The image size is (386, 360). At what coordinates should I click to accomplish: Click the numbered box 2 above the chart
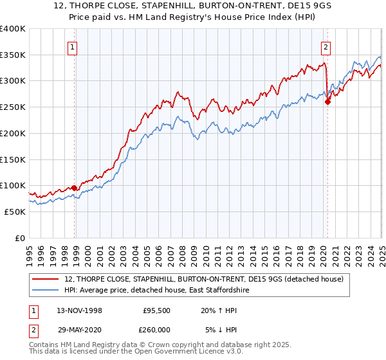[x=326, y=46]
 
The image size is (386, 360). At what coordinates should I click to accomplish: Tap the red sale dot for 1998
[x=75, y=188]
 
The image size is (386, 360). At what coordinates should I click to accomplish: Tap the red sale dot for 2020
[x=327, y=102]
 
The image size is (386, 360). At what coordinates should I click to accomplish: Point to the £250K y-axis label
[x=12, y=107]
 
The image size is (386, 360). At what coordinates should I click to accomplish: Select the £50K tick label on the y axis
[x=15, y=212]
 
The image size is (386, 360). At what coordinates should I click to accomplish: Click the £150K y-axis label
[x=12, y=159]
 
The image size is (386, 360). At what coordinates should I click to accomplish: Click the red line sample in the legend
[x=46, y=279]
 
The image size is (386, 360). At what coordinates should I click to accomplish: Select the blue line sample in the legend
[x=46, y=291]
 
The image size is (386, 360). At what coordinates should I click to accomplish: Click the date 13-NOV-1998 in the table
[x=80, y=310]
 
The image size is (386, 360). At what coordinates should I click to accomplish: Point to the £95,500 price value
[x=156, y=310]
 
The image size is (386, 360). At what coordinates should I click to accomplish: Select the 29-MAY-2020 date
[x=80, y=329]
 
